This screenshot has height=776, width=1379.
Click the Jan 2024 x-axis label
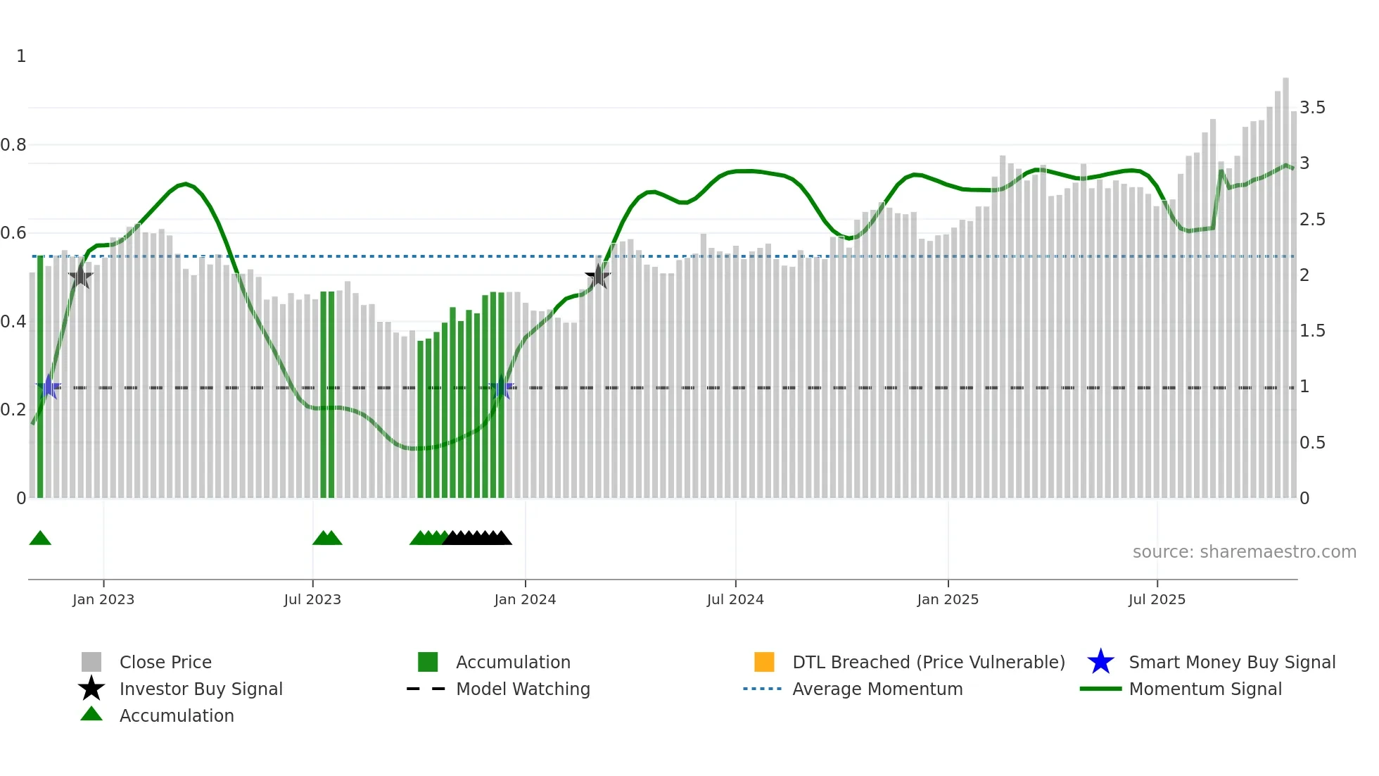[x=525, y=599]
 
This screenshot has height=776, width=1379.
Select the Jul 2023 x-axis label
[x=312, y=599]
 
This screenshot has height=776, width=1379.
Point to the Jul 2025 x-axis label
[x=1157, y=599]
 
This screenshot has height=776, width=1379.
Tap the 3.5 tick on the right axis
[x=1312, y=108]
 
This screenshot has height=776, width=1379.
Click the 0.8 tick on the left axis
[x=13, y=145]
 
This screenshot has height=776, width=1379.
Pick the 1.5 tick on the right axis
[x=1312, y=331]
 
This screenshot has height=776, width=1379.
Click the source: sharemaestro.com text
[x=1244, y=552]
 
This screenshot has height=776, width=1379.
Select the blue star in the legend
[x=1100, y=662]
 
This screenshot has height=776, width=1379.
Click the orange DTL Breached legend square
[x=764, y=662]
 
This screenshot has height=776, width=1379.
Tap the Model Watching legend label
[x=523, y=689]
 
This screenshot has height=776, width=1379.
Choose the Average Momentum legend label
[x=877, y=689]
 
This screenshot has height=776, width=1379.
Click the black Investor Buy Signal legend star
[x=91, y=689]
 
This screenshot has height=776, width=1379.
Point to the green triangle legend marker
[x=91, y=714]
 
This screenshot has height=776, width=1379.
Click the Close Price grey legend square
[x=91, y=662]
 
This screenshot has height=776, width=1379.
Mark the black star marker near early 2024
[x=598, y=276]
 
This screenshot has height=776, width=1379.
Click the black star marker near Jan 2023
[x=81, y=276]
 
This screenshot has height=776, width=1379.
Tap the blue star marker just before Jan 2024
[x=502, y=387]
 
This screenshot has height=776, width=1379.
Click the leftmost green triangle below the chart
[x=40, y=539]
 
